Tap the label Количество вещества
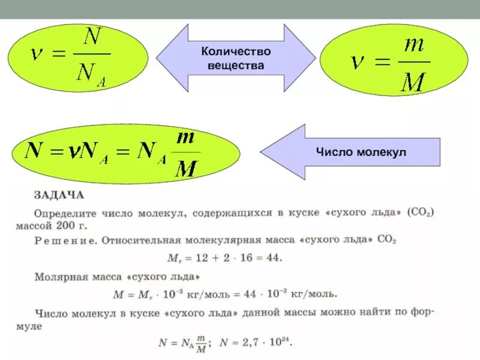click(236, 59)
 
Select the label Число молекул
click(361, 152)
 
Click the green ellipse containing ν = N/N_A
click(79, 58)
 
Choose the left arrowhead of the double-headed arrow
click(171, 58)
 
